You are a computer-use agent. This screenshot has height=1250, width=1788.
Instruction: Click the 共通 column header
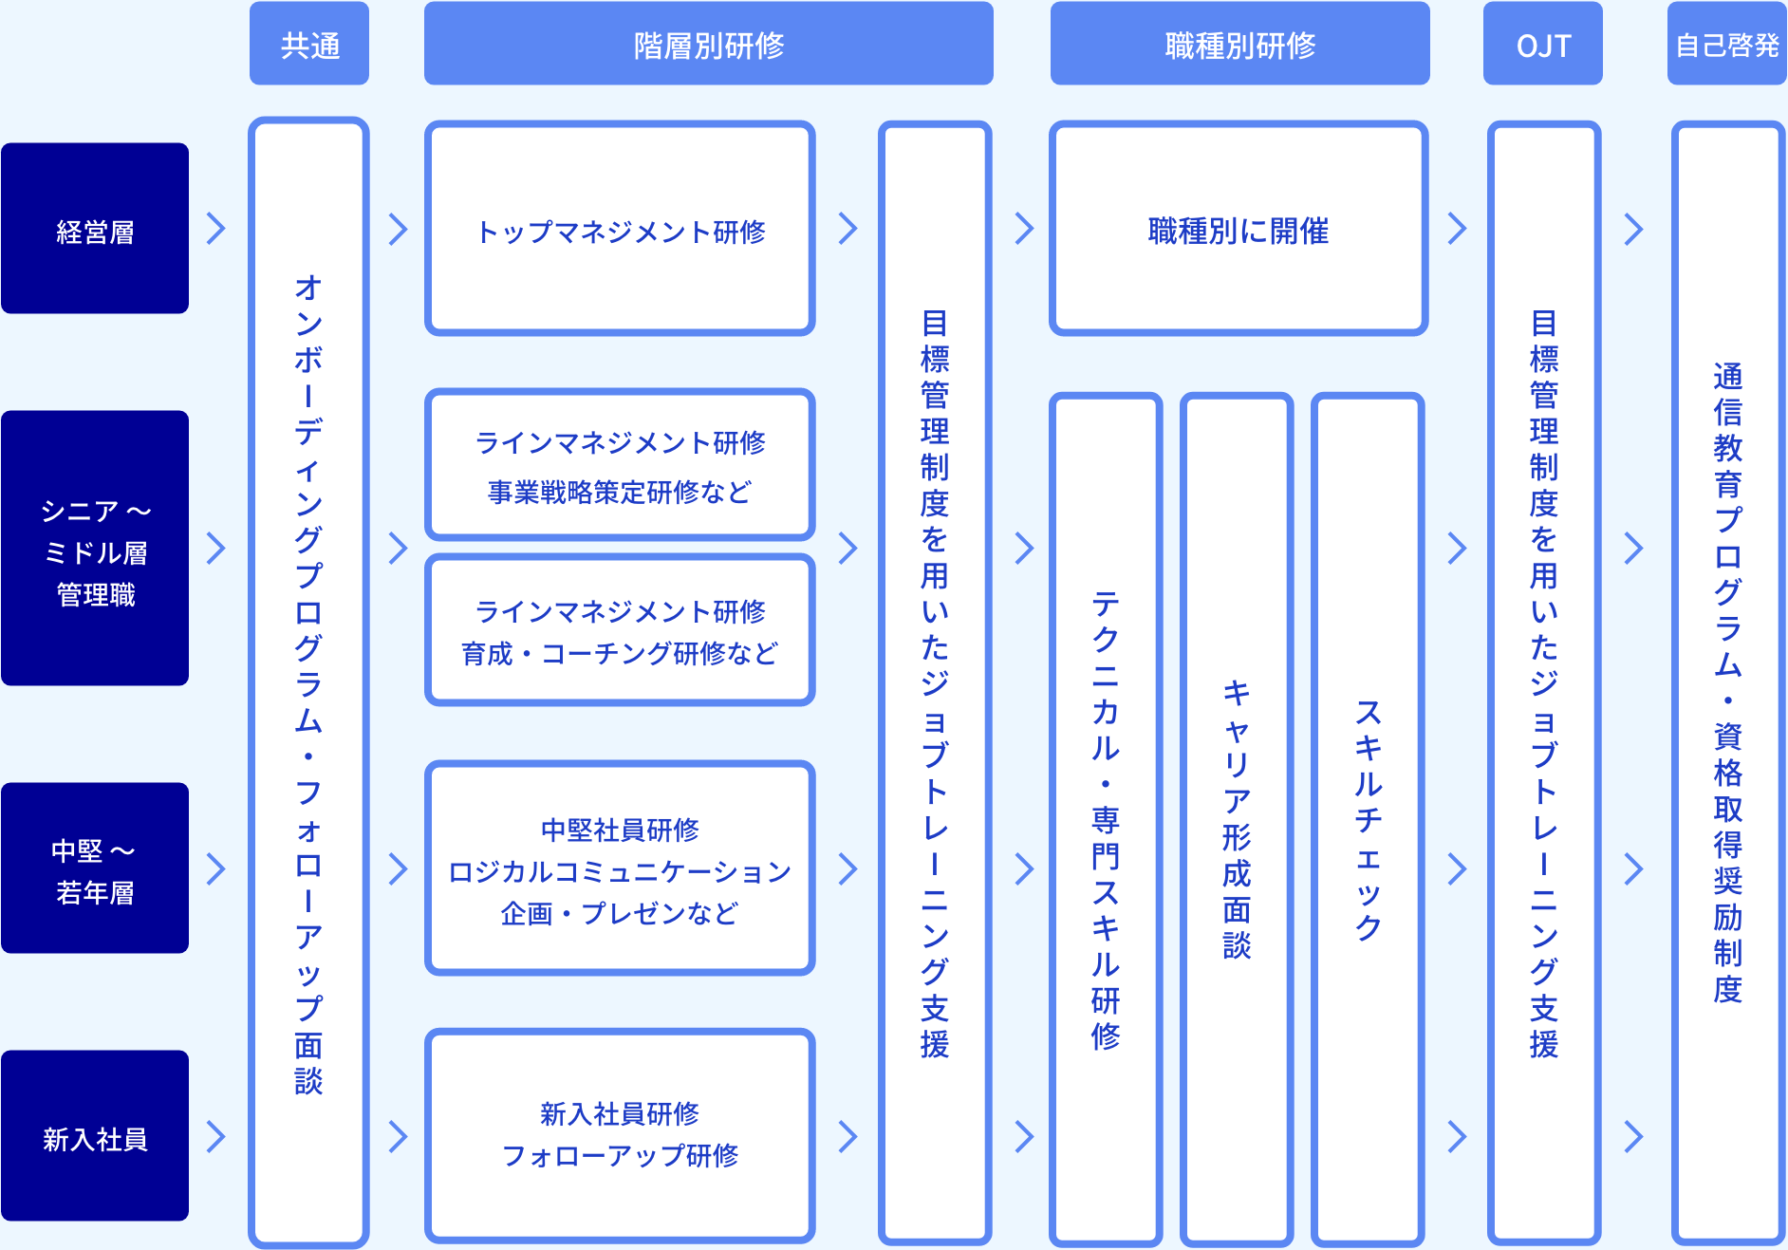pos(309,44)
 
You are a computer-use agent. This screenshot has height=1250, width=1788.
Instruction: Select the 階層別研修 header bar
pos(708,44)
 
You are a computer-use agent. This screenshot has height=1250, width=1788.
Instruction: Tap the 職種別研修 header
pos(1239,44)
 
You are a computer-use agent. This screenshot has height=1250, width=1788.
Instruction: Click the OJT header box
pos(1542,44)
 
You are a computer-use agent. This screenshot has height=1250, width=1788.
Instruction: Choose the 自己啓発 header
pos(1726,44)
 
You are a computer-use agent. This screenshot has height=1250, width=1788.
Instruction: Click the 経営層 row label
pos(95,229)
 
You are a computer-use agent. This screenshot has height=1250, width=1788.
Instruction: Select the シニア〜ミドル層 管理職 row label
pos(95,549)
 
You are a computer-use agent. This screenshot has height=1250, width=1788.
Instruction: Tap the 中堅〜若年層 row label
pos(95,868)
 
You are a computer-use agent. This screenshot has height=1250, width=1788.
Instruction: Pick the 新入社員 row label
pos(95,1136)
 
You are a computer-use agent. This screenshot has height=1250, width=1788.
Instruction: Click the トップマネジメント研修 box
pos(620,229)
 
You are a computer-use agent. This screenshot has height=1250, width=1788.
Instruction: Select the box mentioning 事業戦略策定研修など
pos(620,465)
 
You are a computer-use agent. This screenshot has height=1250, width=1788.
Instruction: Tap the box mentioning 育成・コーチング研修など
pos(620,630)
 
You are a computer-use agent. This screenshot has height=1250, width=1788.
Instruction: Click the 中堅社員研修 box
pos(620,868)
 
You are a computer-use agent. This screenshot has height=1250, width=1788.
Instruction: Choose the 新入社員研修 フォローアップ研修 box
pos(620,1136)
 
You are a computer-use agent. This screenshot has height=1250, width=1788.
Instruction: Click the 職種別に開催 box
pos(1239,229)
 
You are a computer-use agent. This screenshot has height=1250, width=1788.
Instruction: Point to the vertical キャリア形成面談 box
pos(1237,818)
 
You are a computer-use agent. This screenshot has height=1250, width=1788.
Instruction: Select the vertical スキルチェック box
pos(1368,818)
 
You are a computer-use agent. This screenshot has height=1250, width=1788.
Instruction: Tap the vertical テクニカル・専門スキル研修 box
pos(1106,818)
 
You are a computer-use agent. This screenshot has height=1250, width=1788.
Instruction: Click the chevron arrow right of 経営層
pos(216,229)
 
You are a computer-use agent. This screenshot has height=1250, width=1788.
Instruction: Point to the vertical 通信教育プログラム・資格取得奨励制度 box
pos(1727,683)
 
